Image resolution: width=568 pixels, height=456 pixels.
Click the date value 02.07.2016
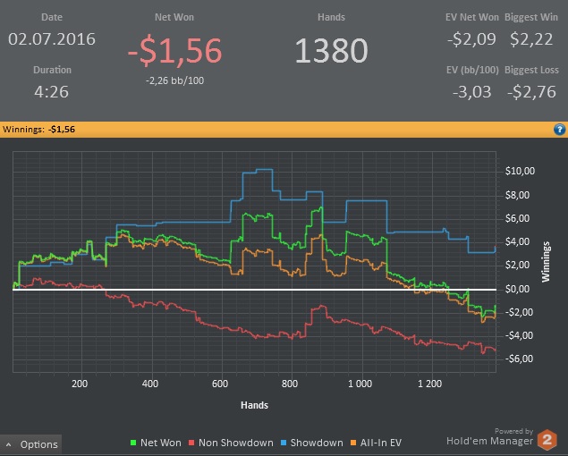53,39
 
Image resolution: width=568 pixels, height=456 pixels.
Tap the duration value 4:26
53,91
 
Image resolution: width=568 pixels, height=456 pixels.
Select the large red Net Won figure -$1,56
174,52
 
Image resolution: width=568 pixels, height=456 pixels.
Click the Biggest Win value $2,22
533,39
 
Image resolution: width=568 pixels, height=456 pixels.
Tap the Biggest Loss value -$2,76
533,91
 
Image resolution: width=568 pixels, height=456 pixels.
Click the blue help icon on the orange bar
559,130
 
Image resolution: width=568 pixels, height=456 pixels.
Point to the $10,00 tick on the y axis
520,171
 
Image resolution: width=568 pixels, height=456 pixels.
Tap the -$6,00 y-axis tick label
519,359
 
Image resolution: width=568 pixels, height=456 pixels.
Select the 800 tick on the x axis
289,384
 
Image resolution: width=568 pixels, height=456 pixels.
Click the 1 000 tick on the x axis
360,384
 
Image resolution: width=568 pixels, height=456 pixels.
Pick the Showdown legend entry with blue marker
312,443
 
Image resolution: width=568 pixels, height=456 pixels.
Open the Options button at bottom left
32,444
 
